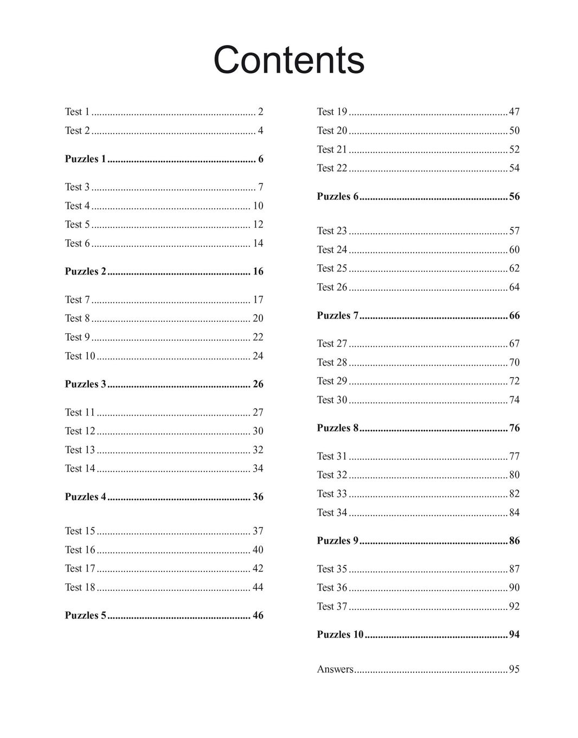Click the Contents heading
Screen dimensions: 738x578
pos(288,60)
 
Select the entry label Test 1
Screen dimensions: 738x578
pos(77,112)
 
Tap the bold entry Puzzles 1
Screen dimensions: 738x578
pos(86,159)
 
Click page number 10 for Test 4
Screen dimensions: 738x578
pos(258,206)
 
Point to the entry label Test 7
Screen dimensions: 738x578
pos(77,300)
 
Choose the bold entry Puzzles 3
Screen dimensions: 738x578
pos(86,384)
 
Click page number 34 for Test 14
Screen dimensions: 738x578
pos(258,468)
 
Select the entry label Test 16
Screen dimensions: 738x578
pos(80,550)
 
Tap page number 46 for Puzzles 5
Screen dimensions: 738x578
pos(258,615)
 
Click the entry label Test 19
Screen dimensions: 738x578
pos(332,112)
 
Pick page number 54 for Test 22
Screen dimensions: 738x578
pos(514,168)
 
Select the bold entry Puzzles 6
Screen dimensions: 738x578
pos(338,196)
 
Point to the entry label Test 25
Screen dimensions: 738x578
pos(332,268)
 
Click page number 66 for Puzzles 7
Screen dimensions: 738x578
pos(514,315)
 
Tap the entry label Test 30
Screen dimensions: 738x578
pos(332,400)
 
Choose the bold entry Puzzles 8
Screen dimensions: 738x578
pos(338,428)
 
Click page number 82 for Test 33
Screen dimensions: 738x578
pos(514,494)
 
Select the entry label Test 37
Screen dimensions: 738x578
pos(332,606)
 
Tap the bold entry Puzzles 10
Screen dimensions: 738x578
pos(340,634)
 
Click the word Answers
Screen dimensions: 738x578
pos(335,670)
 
